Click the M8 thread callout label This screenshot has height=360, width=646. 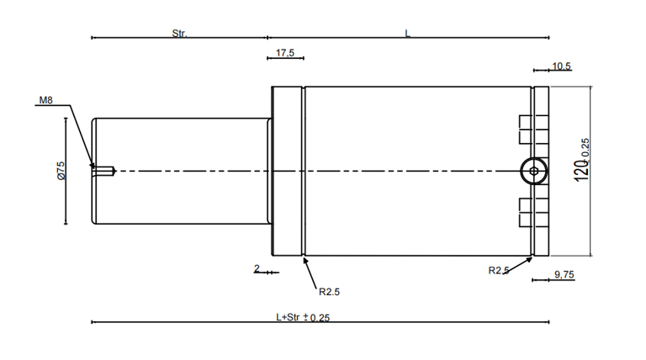point(45,100)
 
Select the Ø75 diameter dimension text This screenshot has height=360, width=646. point(61,171)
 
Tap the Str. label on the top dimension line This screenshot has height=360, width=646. point(179,34)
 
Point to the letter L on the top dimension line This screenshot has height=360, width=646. point(407,34)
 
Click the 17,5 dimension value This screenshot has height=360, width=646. point(285,53)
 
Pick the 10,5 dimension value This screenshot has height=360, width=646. point(561,66)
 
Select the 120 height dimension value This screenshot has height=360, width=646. point(581,171)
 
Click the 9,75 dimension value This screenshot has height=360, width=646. point(564,274)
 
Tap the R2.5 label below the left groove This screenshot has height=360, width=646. point(329,292)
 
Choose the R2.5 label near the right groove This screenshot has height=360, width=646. point(499,270)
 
